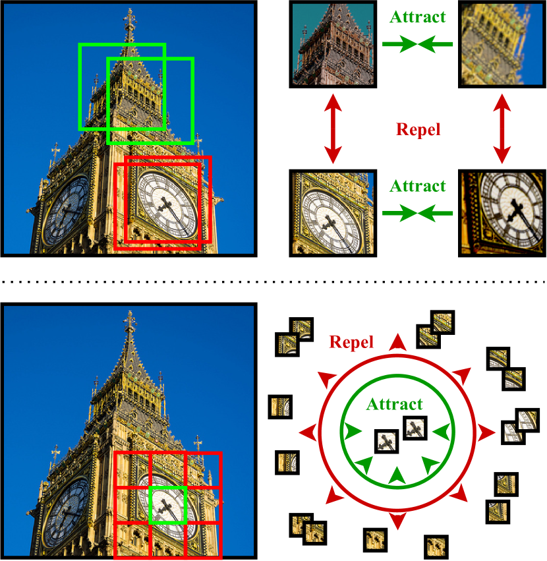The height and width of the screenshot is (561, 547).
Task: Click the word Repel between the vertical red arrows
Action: point(418,129)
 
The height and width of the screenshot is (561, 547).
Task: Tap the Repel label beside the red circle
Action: point(351,342)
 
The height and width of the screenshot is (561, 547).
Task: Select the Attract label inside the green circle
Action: point(395,403)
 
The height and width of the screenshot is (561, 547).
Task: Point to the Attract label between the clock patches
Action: point(418,186)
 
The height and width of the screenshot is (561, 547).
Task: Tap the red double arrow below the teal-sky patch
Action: point(333,129)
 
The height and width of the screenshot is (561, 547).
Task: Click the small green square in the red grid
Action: point(169,506)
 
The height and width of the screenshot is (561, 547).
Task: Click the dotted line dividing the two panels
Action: point(273,281)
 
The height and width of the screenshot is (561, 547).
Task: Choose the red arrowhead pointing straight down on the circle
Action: point(397,521)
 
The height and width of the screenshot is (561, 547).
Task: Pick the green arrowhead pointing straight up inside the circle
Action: point(395,475)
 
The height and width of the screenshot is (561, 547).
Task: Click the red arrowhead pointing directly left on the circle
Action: point(308,433)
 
